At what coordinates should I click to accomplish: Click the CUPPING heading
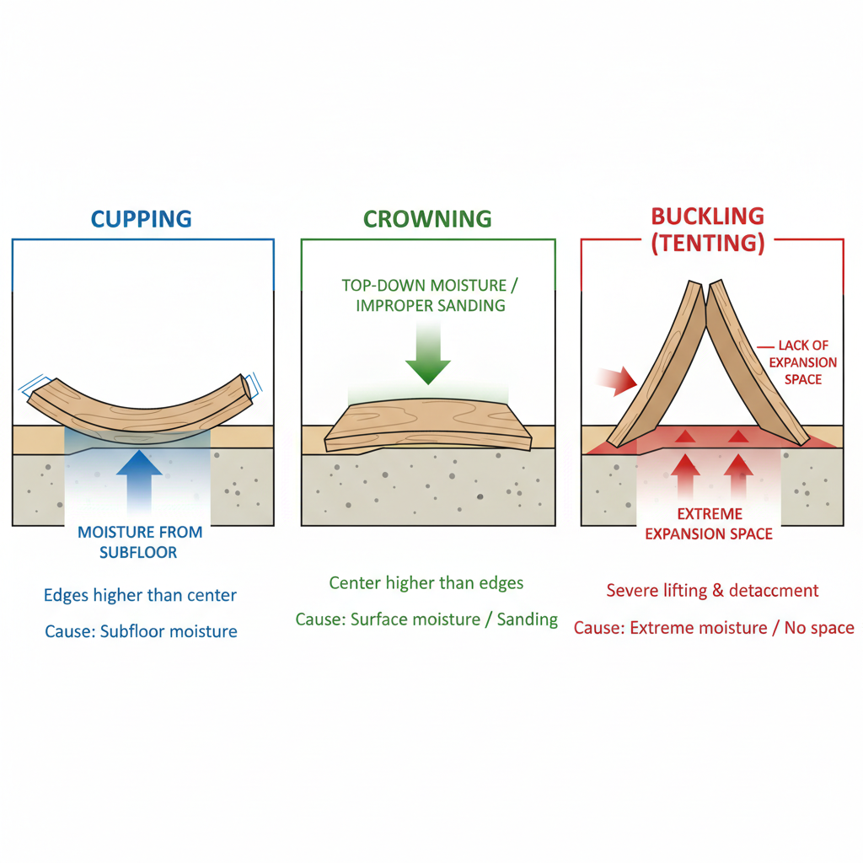pos(142,219)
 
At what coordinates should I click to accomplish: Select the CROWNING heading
pos(427,219)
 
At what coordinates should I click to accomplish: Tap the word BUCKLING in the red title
pos(707,216)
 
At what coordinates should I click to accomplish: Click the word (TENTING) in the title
pos(708,243)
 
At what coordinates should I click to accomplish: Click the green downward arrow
pos(428,357)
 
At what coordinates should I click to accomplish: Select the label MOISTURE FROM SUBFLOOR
pos(140,542)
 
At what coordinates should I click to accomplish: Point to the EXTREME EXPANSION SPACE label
pos(708,523)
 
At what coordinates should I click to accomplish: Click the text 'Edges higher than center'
pos(140,596)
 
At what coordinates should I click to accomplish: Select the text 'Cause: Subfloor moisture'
pos(140,631)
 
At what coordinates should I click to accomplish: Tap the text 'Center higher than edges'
pos(426,583)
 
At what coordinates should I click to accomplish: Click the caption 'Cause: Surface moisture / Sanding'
pos(426,620)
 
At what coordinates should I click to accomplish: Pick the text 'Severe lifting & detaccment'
pos(712,591)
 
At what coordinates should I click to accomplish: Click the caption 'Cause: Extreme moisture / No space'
pos(714,628)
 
